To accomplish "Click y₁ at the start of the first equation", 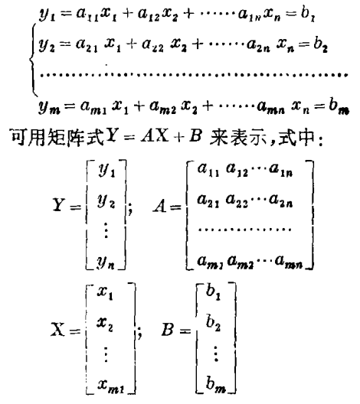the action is tap(47, 14).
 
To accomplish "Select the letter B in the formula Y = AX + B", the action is tap(195, 135).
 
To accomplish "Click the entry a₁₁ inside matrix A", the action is tap(208, 170).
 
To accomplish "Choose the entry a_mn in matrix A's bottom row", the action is tap(289, 262).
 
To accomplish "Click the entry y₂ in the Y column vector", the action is tap(106, 201).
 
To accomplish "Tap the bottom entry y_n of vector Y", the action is tap(106, 262).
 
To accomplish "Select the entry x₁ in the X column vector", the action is tap(105, 293).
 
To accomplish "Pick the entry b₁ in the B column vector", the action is tap(213, 292).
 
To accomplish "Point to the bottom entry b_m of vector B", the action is tap(216, 384).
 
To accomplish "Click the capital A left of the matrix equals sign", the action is tap(160, 206).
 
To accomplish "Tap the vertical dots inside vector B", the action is tap(216, 353).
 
